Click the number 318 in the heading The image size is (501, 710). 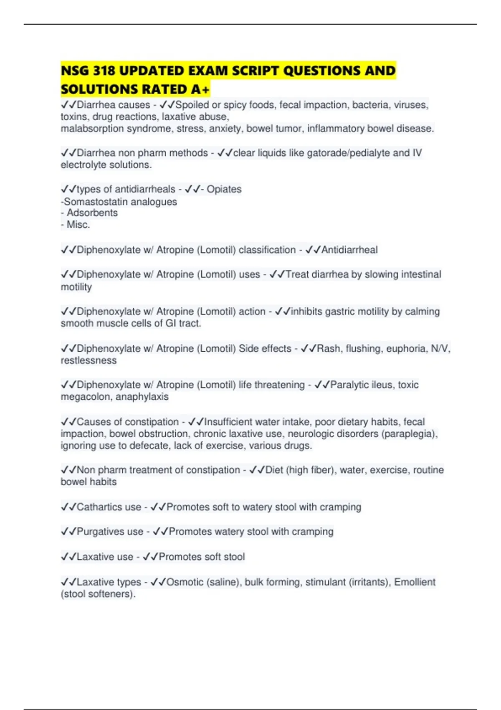tap(104, 71)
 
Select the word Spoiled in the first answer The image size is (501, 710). tap(192, 105)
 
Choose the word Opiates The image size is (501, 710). tap(224, 189)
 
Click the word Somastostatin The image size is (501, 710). tap(91, 202)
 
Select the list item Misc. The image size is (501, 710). tap(78, 225)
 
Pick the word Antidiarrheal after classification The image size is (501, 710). tap(349, 250)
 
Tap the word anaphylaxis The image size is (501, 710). tap(142, 397)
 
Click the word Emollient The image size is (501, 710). tap(415, 582)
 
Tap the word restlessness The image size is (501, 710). tap(89, 360)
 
